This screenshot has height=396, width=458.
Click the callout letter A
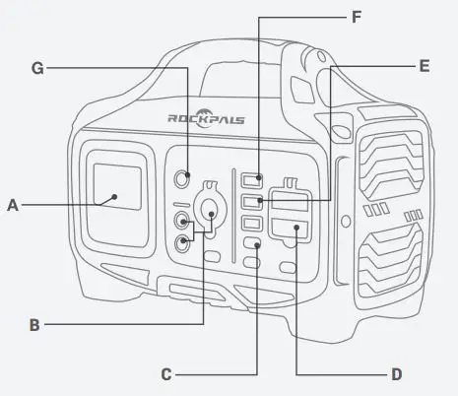click(x=13, y=205)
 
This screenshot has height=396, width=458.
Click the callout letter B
click(x=34, y=324)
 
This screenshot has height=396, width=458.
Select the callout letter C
click(x=167, y=373)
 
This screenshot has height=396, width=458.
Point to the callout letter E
click(x=425, y=67)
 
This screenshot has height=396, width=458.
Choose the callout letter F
click(x=357, y=17)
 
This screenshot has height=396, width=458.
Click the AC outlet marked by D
click(x=295, y=232)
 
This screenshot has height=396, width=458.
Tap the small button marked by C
click(x=252, y=244)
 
